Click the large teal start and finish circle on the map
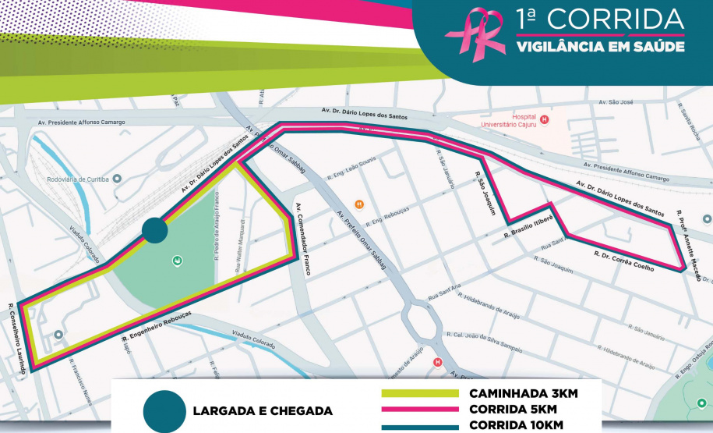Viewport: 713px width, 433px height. (x=154, y=230)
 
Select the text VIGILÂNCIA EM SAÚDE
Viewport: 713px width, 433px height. (x=600, y=47)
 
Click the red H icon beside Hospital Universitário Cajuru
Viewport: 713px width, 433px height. (x=545, y=119)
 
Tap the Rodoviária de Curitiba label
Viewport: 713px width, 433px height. (x=79, y=179)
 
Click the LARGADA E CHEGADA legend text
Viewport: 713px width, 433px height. (x=262, y=410)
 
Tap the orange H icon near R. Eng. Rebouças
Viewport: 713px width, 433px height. (x=359, y=205)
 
